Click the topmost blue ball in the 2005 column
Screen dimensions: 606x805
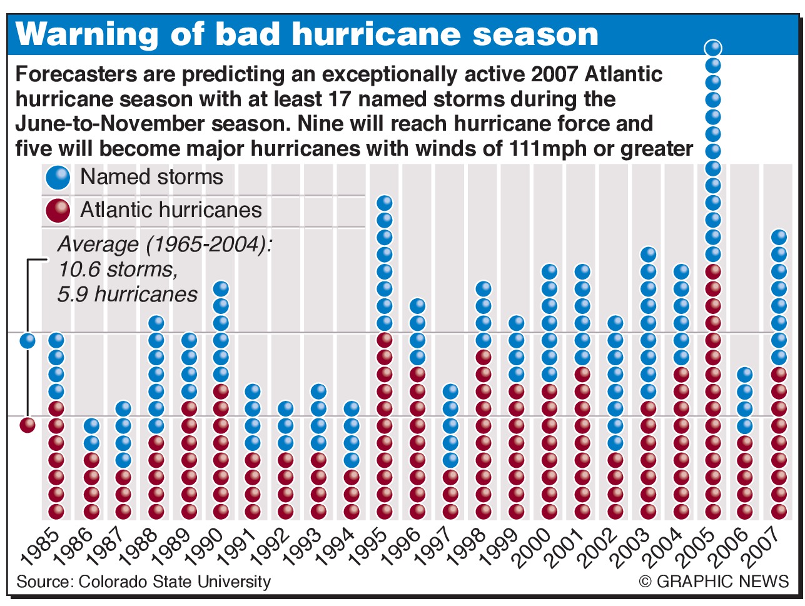pyautogui.click(x=713, y=48)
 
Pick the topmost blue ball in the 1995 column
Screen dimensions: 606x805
pyautogui.click(x=385, y=203)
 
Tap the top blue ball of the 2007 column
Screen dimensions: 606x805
pyautogui.click(x=779, y=237)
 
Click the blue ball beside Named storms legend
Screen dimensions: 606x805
pyautogui.click(x=58, y=178)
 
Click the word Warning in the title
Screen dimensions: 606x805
pyautogui.click(x=79, y=35)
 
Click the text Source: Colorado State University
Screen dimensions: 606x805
pyautogui.click(x=143, y=582)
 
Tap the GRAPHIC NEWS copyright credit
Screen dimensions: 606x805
pyautogui.click(x=714, y=582)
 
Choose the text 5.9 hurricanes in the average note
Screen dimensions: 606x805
pyautogui.click(x=127, y=295)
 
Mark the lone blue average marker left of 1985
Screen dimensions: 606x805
pyautogui.click(x=28, y=341)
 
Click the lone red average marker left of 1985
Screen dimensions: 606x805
pyautogui.click(x=28, y=425)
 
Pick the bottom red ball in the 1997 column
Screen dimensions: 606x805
pyautogui.click(x=451, y=511)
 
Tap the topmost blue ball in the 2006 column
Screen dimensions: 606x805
pyautogui.click(x=744, y=375)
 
